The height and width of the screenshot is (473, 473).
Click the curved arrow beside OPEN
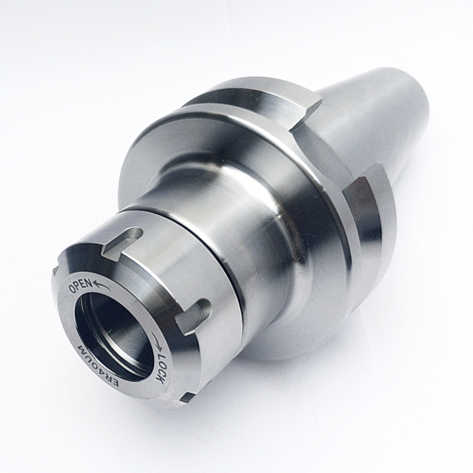(x=101, y=284)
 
